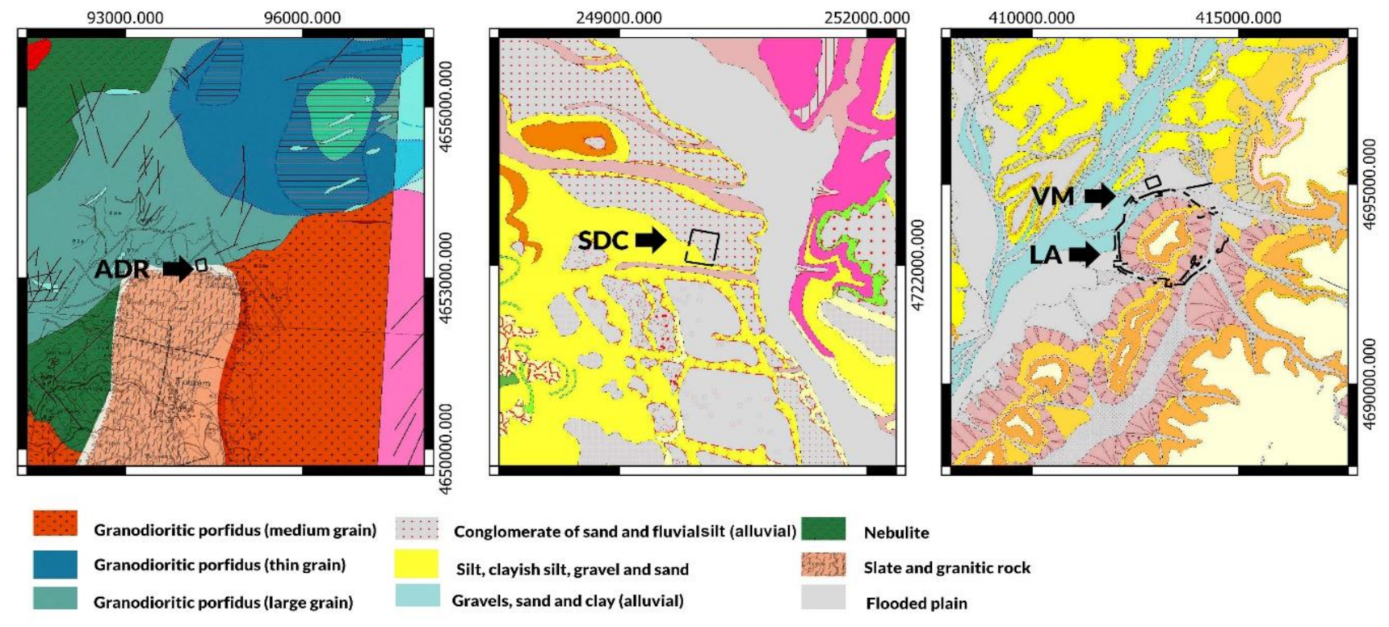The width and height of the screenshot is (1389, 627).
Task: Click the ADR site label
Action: [x=121, y=269]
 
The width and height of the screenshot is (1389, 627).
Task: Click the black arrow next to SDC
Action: [x=651, y=240]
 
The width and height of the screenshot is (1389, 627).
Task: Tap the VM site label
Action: [x=1052, y=196]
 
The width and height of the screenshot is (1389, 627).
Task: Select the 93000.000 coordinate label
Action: [x=125, y=18]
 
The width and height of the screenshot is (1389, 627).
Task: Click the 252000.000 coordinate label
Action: [x=867, y=18]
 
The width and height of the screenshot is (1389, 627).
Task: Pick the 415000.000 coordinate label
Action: [x=1238, y=18]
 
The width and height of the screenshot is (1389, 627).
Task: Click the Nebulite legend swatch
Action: [x=824, y=530]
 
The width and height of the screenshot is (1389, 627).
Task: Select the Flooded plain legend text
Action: [x=916, y=603]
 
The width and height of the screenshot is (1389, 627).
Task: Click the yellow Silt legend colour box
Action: [x=417, y=565]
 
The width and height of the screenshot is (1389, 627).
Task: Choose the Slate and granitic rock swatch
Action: [x=824, y=565]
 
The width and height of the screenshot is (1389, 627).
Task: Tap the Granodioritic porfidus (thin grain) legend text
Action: [x=220, y=565]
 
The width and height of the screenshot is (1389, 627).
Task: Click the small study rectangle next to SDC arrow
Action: [x=702, y=246]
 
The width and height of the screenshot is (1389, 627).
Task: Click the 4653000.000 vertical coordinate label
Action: [x=443, y=278]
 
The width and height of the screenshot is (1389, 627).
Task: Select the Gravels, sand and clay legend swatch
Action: [x=417, y=597]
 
